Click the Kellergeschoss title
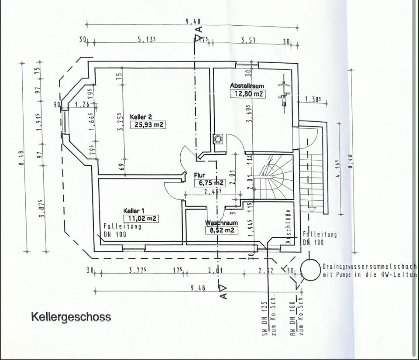(71, 316)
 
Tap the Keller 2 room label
(141, 117)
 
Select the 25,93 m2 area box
(148, 124)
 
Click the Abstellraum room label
(247, 86)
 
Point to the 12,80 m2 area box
(247, 93)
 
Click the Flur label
(199, 175)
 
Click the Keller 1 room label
(134, 211)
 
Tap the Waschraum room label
(221, 223)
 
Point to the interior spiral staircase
(275, 176)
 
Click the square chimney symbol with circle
(218, 139)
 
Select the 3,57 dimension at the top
(248, 40)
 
